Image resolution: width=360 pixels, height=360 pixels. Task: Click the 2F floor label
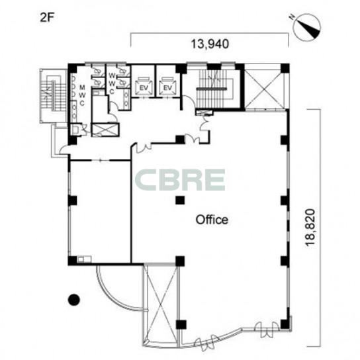pyautogui.click(x=46, y=18)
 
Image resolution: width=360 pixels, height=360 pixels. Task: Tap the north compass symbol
pyautogui.click(x=307, y=27)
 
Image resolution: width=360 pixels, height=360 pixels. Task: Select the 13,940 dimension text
pyautogui.click(x=210, y=44)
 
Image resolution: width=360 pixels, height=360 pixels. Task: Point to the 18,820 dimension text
pyautogui.click(x=310, y=228)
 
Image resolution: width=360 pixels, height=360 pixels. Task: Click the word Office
pyautogui.click(x=212, y=220)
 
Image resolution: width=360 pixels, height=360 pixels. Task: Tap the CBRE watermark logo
pyautogui.click(x=180, y=180)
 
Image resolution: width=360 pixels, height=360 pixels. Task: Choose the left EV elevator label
pyautogui.click(x=143, y=88)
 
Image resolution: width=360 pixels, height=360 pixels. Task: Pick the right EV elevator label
pyautogui.click(x=168, y=88)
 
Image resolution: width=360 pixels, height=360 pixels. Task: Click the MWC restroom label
pyautogui.click(x=82, y=95)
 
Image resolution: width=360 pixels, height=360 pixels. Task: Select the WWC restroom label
pyautogui.click(x=112, y=83)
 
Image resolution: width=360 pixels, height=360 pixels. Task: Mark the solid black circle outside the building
pyautogui.click(x=74, y=300)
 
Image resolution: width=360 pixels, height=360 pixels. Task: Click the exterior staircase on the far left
pyautogui.click(x=53, y=96)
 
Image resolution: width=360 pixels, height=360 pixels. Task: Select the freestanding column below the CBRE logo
pyautogui.click(x=180, y=200)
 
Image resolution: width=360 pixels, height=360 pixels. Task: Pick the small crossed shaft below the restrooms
pyautogui.click(x=105, y=130)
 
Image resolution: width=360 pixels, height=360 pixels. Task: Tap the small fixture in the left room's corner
pyautogui.click(x=84, y=259)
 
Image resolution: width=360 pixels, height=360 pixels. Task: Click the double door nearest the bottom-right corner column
pyautogui.click(x=267, y=330)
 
